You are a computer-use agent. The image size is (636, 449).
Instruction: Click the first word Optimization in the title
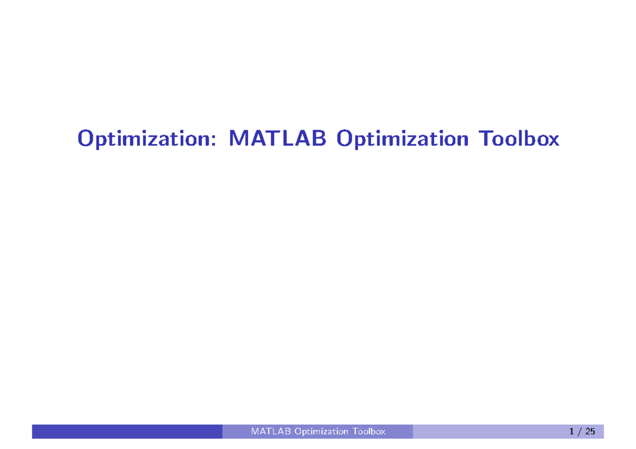click(147, 139)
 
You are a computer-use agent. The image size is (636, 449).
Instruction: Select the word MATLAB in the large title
click(277, 138)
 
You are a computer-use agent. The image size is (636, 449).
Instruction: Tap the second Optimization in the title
click(402, 139)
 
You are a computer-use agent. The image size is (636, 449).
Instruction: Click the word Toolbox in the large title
click(519, 138)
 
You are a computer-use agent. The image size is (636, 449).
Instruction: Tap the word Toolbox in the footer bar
click(369, 432)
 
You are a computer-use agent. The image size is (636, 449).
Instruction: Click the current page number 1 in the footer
click(571, 432)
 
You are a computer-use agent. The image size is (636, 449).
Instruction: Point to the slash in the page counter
click(579, 432)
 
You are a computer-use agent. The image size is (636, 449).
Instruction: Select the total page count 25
click(590, 432)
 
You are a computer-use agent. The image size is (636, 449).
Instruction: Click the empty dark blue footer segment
click(127, 432)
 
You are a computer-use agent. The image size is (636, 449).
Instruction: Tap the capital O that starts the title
click(86, 138)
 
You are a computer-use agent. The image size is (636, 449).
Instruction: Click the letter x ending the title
click(552, 141)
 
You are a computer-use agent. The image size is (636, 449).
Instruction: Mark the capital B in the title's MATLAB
click(319, 138)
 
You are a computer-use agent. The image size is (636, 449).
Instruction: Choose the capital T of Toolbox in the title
click(486, 138)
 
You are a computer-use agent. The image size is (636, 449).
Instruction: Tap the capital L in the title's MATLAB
click(288, 138)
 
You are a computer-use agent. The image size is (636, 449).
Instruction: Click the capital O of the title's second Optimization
click(344, 138)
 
